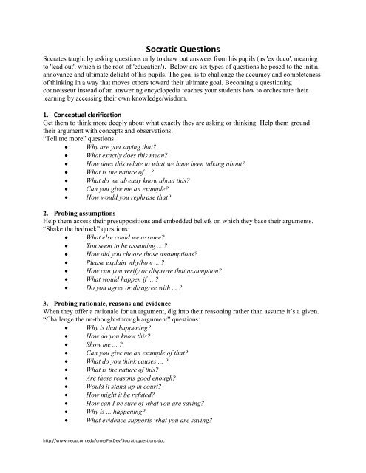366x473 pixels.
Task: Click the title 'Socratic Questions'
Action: tap(183, 44)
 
